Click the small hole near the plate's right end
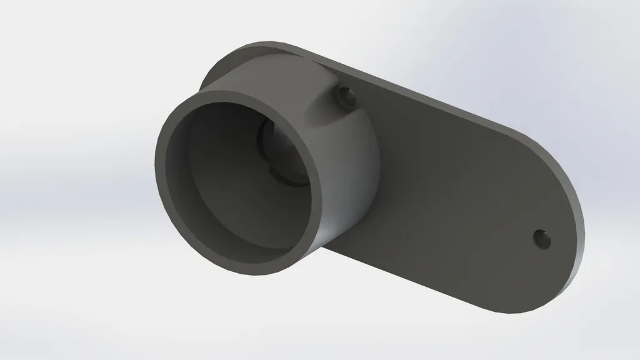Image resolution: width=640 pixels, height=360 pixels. pos(541,238)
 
